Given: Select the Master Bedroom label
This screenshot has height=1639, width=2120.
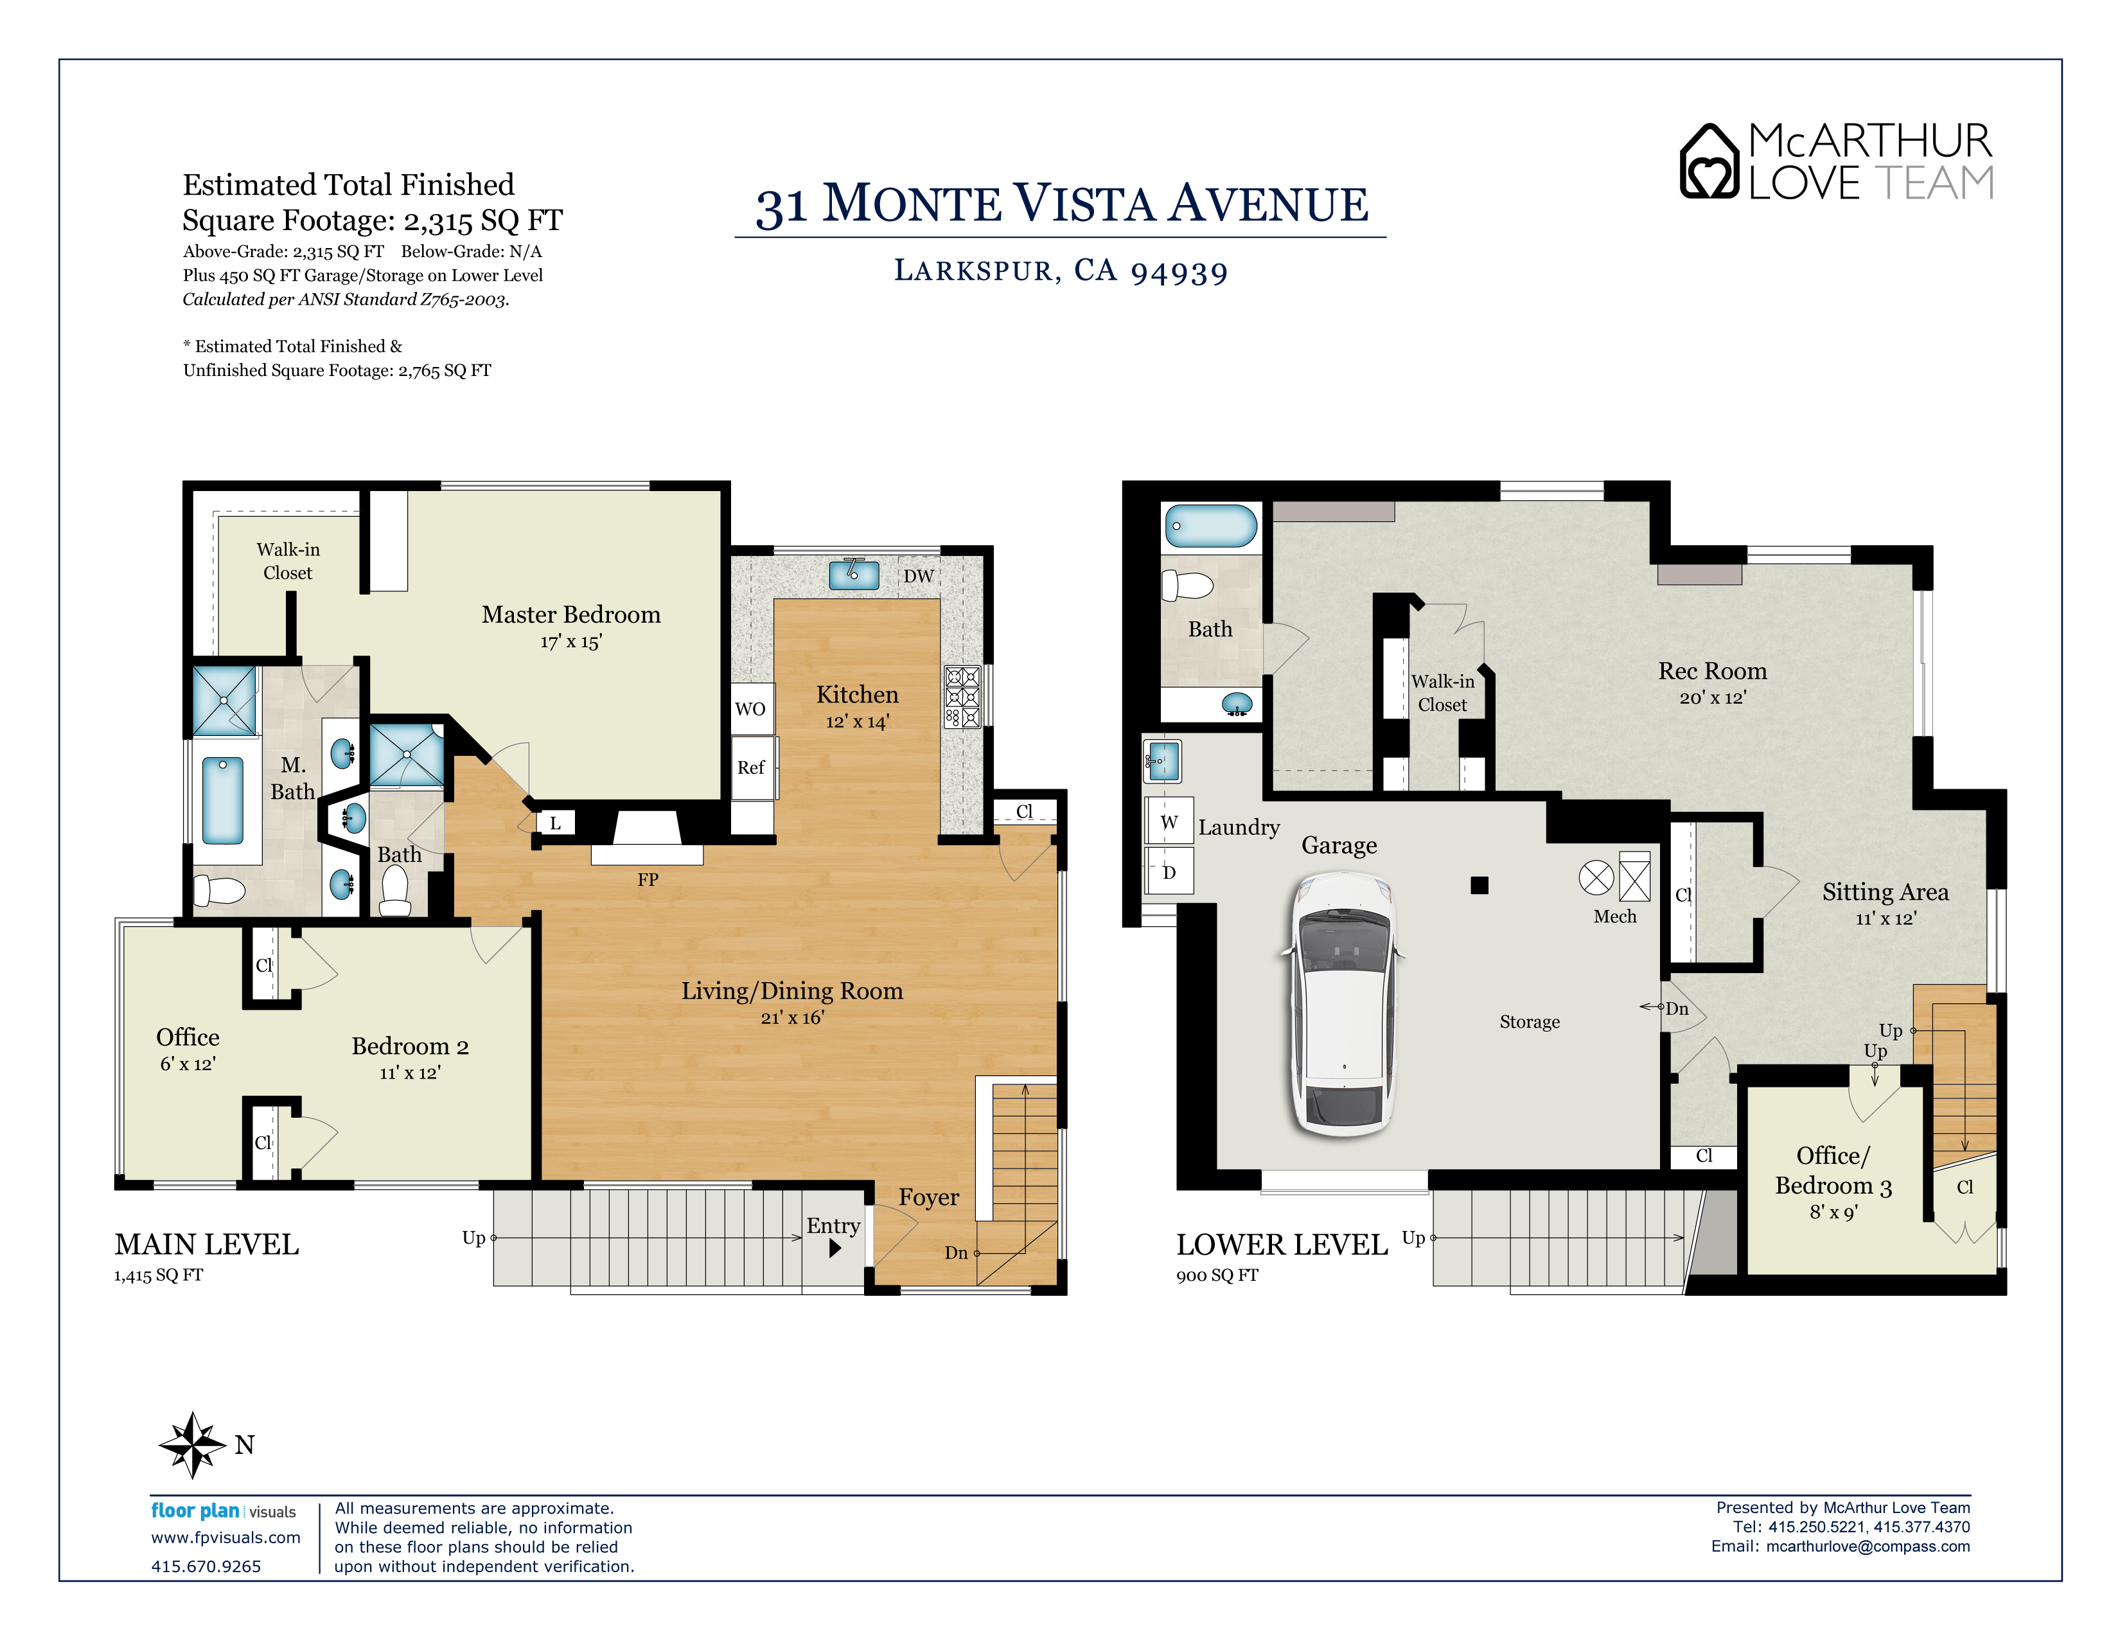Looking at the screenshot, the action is tap(570, 614).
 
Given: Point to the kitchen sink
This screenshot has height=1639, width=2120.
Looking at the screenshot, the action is tap(853, 574).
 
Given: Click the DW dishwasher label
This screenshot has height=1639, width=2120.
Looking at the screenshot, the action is tap(918, 576).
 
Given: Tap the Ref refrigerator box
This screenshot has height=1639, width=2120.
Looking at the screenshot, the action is tap(752, 767).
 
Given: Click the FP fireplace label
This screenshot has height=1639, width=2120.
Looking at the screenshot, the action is tap(648, 880).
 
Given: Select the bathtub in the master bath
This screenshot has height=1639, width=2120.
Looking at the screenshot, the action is tap(222, 801).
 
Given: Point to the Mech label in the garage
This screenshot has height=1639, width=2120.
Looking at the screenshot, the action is tap(1614, 917).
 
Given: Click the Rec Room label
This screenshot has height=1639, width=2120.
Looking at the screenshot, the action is tap(1712, 671).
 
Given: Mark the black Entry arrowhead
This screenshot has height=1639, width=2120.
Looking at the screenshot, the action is tap(835, 1249).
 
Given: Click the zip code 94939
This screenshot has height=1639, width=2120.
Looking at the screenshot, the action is tap(1179, 272).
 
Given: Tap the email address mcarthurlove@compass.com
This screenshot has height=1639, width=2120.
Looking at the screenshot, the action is tap(1868, 1546).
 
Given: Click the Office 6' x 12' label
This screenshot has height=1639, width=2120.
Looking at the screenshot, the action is tap(188, 1049).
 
